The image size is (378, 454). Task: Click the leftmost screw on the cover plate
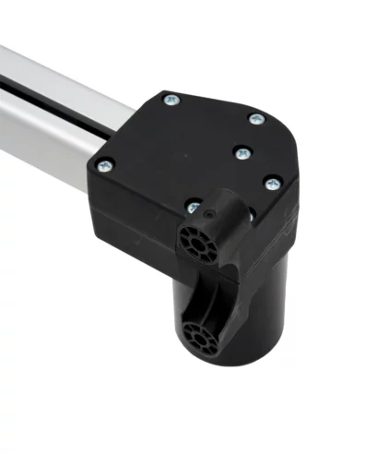point(103,166)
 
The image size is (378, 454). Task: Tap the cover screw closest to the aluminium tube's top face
point(170,98)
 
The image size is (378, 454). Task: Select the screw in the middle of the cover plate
point(242,151)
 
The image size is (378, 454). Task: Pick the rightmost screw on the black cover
point(272,184)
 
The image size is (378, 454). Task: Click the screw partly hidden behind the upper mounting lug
point(191,207)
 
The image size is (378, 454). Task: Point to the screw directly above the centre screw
point(255,119)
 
